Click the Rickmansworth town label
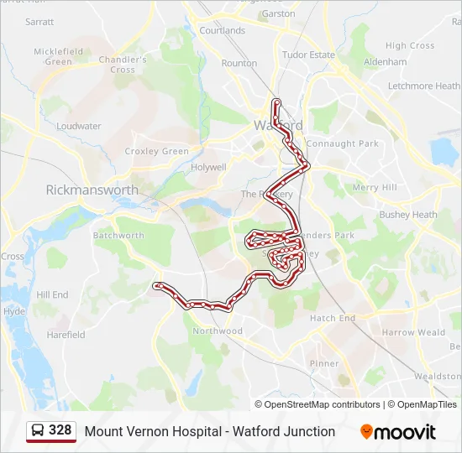click(x=92, y=190)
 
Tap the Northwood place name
click(x=218, y=331)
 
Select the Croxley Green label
click(x=157, y=151)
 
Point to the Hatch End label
click(x=333, y=318)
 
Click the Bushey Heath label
click(x=408, y=215)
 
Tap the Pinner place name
click(x=324, y=363)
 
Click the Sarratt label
click(x=39, y=22)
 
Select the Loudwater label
click(x=79, y=126)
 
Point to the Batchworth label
click(x=118, y=236)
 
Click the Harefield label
click(x=66, y=335)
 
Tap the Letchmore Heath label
click(x=424, y=86)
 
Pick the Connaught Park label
click(x=342, y=143)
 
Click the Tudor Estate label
click(x=308, y=55)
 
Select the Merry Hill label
click(x=375, y=188)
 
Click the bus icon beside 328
click(x=38, y=431)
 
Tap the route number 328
click(x=60, y=430)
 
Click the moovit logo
click(x=398, y=432)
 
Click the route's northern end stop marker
click(x=276, y=102)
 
